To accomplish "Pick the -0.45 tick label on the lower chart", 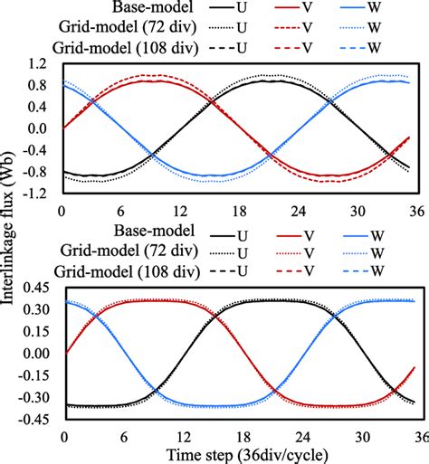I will (33, 419).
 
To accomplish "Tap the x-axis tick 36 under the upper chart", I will (416, 210).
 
